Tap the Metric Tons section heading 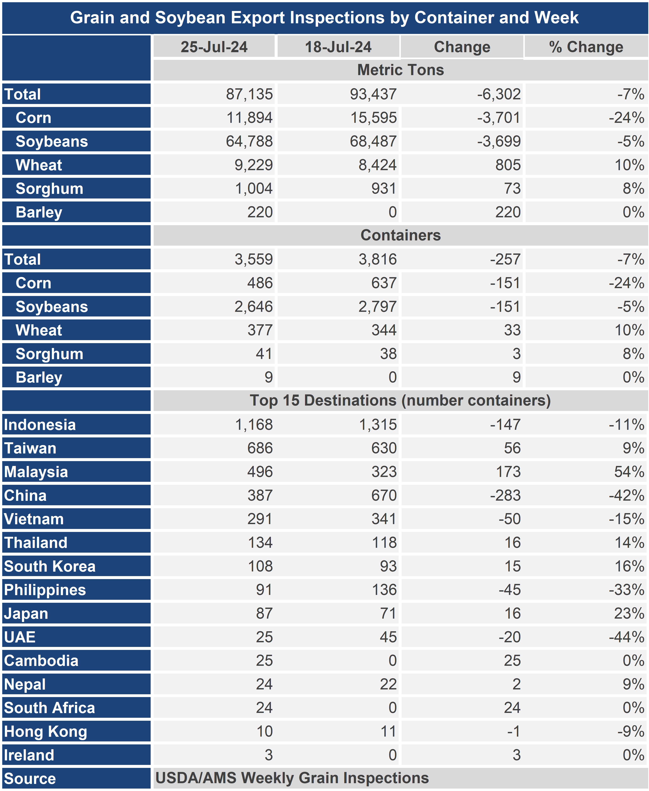point(400,70)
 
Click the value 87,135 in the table point(249,94)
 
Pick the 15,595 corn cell point(373,118)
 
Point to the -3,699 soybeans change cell point(499,141)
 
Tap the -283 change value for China point(505,495)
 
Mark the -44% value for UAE point(627,637)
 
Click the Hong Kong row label point(45,732)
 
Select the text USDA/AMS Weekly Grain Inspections point(292,778)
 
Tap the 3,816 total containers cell point(378,259)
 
